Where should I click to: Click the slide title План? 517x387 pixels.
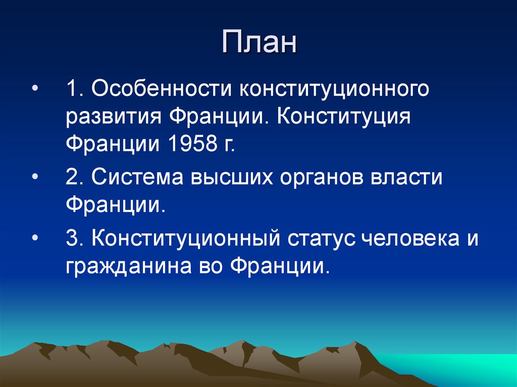click(x=258, y=42)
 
